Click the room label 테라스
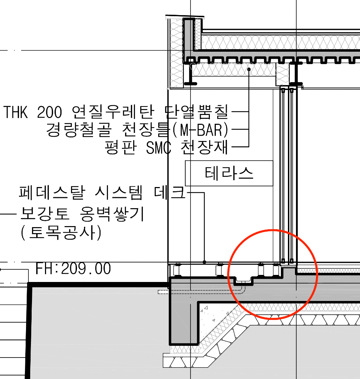(x=229, y=173)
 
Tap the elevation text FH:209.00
(x=73, y=269)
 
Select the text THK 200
(x=33, y=112)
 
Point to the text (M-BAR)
(x=200, y=130)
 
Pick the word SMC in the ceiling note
(x=159, y=147)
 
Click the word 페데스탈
(x=52, y=193)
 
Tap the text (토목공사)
(x=61, y=232)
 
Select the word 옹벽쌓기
(x=112, y=214)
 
